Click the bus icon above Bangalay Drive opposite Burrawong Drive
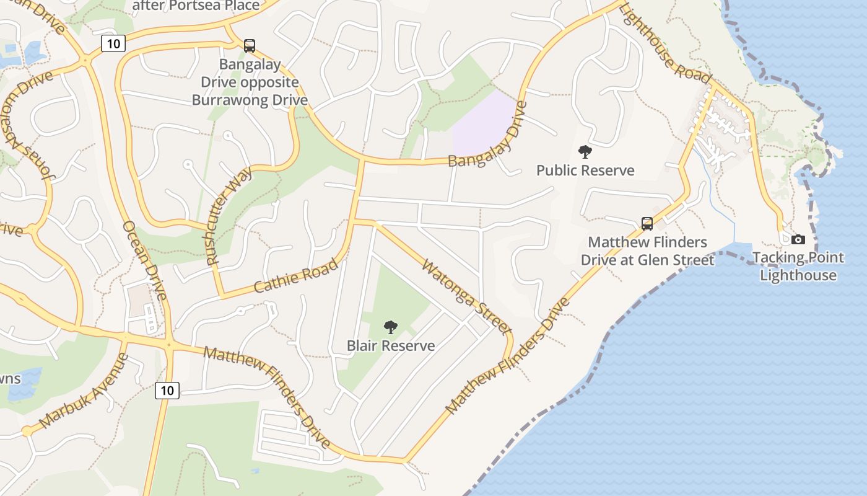coord(250,45)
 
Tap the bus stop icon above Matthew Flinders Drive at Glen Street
coord(647,224)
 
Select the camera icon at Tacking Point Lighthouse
coord(798,239)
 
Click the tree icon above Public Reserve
coord(585,152)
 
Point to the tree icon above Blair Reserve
coord(390,327)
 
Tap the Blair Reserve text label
coord(391,345)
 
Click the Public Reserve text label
coord(585,170)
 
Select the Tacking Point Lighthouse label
coord(798,267)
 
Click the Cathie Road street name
coord(297,276)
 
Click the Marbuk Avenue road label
coord(85,391)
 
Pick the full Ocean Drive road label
coord(144,260)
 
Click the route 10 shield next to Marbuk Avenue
coord(167,390)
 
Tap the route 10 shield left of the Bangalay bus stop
coord(113,43)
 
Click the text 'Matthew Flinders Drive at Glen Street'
coord(647,251)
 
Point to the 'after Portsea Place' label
coord(196,6)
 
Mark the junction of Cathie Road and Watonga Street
coord(354,221)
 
